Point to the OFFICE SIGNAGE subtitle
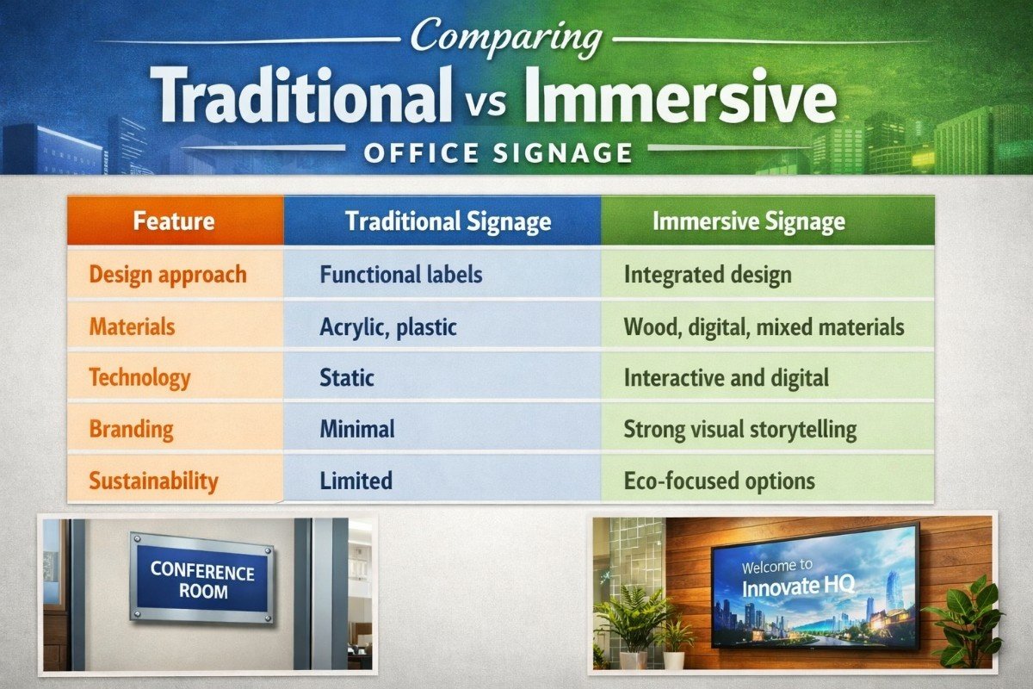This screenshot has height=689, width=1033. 498,153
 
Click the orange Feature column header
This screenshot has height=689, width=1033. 174,221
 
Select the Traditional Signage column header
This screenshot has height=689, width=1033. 448,221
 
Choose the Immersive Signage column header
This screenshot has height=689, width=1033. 748,221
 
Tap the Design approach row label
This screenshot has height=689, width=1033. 168,275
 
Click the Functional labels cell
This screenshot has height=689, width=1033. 400,275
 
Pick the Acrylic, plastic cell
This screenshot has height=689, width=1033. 387,326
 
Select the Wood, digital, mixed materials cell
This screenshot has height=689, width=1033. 764,326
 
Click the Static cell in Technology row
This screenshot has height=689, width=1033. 347,377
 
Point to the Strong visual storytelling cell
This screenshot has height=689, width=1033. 739,429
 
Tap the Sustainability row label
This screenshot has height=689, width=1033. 153,481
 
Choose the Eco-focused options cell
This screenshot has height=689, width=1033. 719,481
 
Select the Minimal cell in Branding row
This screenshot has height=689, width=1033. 356,429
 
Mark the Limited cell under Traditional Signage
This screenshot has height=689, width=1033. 356,481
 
